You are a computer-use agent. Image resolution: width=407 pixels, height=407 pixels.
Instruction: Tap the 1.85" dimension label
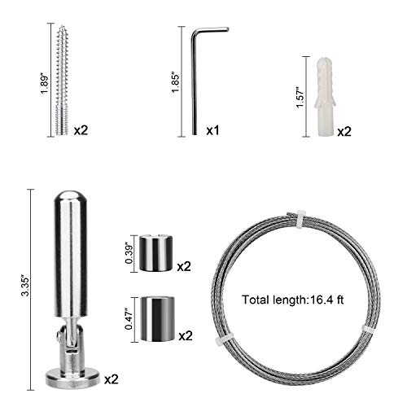coord(175,82)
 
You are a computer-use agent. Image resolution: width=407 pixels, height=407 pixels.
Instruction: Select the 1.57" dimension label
coord(300,98)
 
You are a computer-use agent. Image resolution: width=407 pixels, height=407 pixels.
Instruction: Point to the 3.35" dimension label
coord(27,286)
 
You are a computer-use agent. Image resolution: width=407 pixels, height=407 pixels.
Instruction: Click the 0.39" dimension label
coord(129,254)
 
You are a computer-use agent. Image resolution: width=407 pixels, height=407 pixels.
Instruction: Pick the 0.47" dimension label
coord(129,319)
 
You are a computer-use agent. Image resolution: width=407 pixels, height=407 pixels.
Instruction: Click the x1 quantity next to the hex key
coord(212,130)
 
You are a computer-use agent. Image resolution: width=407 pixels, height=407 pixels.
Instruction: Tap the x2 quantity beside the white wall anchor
coord(344,132)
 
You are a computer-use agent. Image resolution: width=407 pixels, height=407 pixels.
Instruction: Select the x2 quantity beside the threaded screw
coord(81,130)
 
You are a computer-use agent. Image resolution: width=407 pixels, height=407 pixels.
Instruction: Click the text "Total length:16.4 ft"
coord(293,300)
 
